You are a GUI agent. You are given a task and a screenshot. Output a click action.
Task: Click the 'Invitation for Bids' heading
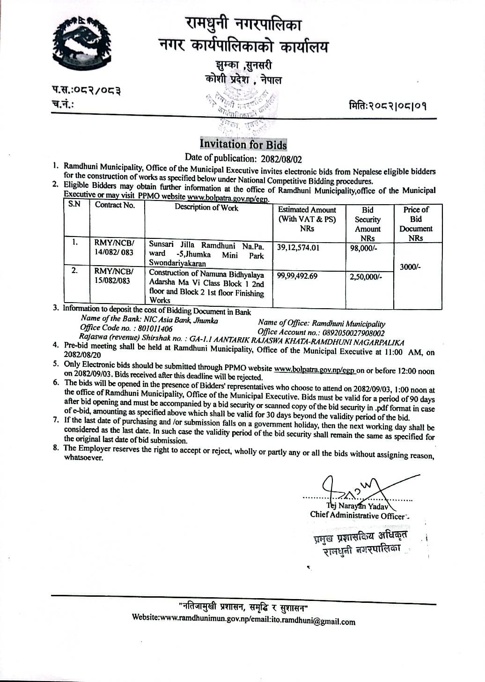click(243, 144)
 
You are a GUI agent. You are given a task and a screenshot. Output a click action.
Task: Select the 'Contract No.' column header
click(115, 205)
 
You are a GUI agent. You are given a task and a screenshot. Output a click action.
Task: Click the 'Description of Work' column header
click(206, 208)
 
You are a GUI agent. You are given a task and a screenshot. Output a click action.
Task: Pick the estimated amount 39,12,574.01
click(298, 248)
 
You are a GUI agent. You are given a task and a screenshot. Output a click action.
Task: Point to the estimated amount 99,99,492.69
click(297, 276)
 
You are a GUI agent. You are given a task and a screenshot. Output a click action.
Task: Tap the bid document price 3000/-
click(410, 267)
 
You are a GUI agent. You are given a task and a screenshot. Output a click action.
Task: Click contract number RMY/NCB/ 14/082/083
click(114, 247)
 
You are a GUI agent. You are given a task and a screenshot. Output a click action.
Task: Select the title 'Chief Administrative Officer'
click(358, 515)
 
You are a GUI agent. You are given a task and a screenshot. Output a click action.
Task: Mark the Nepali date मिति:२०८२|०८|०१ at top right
click(388, 106)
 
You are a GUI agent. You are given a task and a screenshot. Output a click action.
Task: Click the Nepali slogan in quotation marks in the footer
click(243, 608)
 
